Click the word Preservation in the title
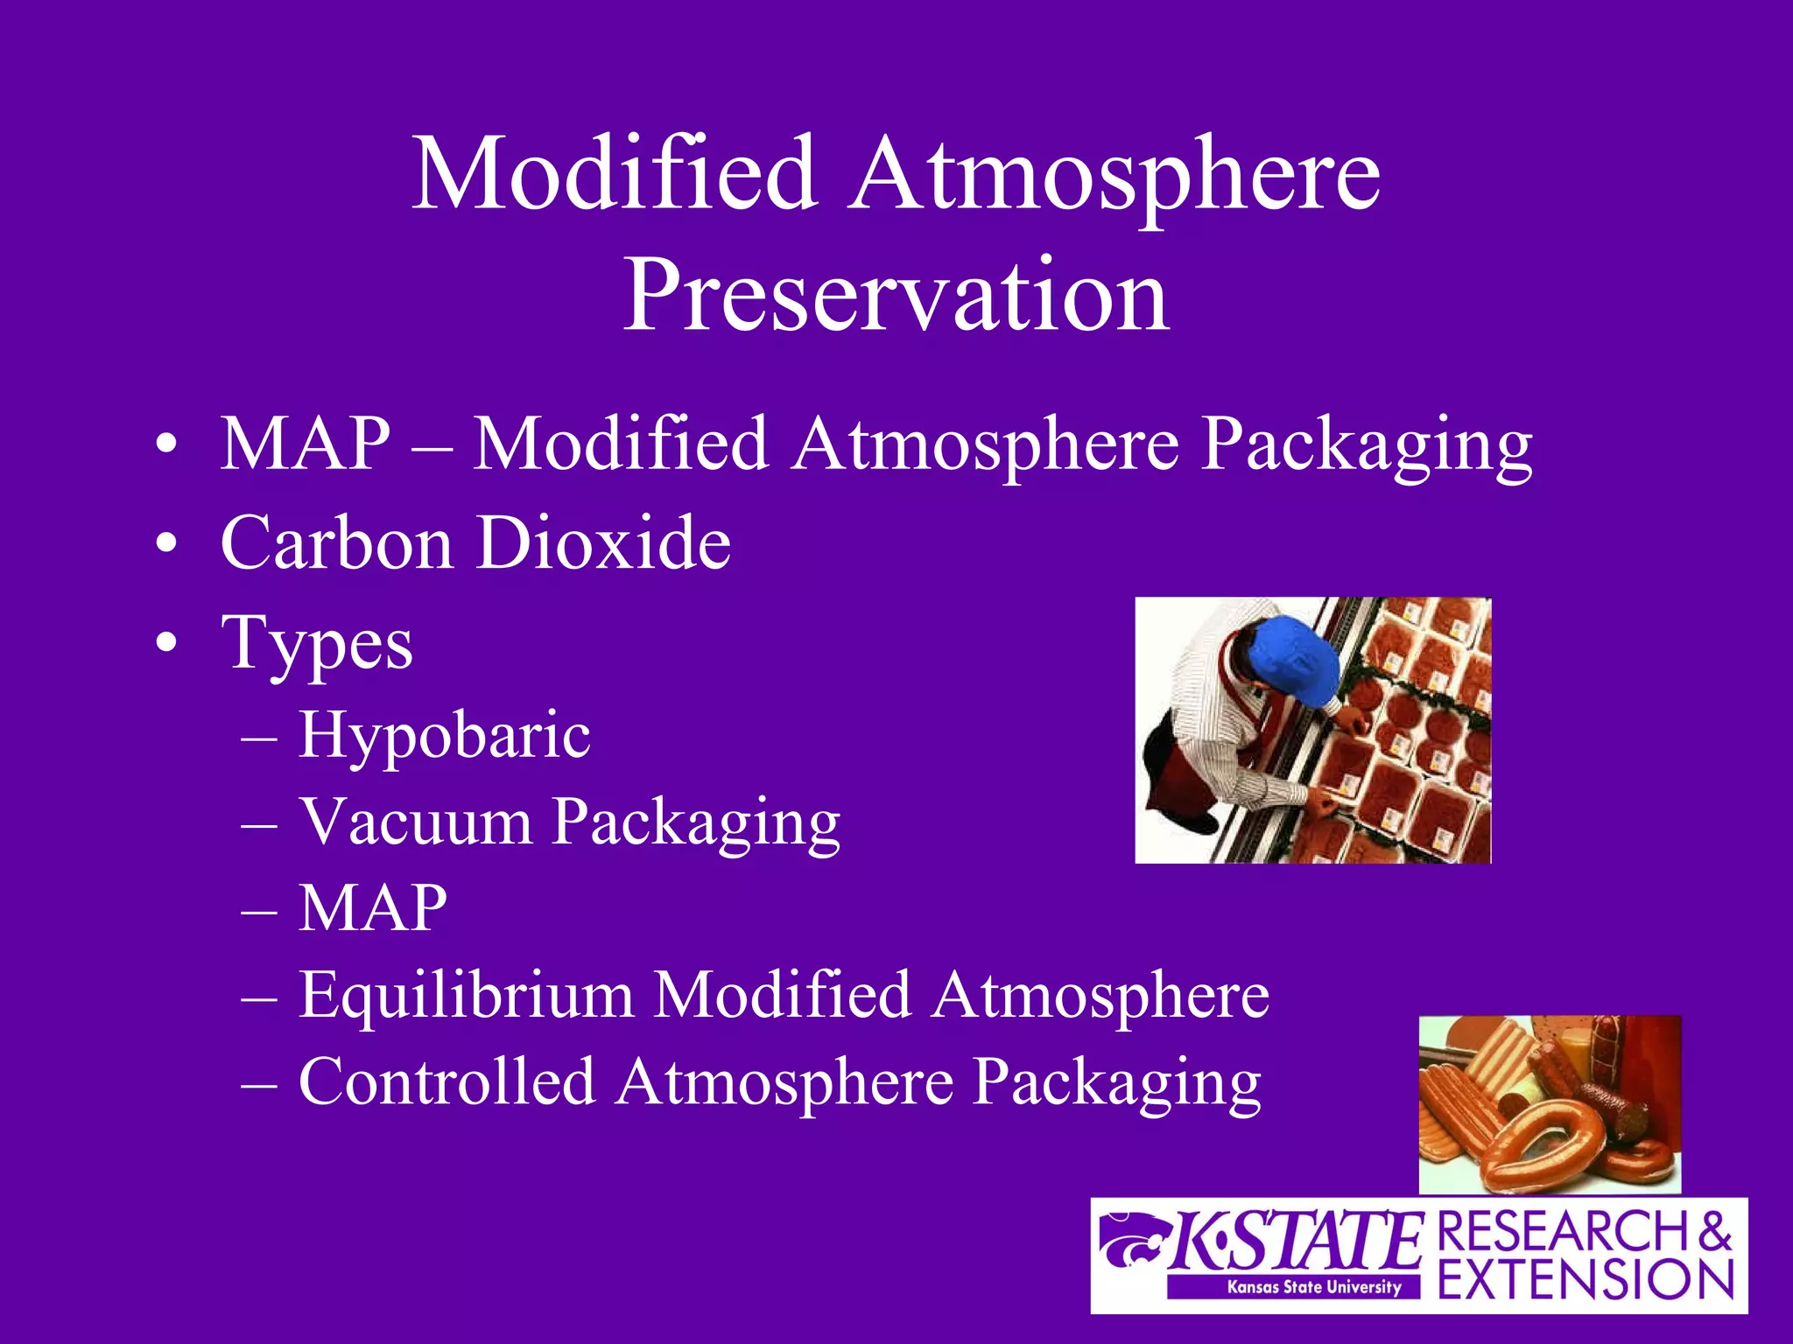coord(896,295)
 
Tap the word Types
coord(317,644)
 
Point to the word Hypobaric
coord(444,735)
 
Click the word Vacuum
coord(416,822)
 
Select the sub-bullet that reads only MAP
coord(373,908)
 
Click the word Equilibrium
coord(466,995)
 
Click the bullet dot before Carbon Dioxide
coord(165,545)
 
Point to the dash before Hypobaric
coord(259,738)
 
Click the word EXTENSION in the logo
coord(1586,1280)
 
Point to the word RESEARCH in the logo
coord(1564,1231)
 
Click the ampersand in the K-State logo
coord(1716,1231)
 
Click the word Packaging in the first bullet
coord(1366,445)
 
